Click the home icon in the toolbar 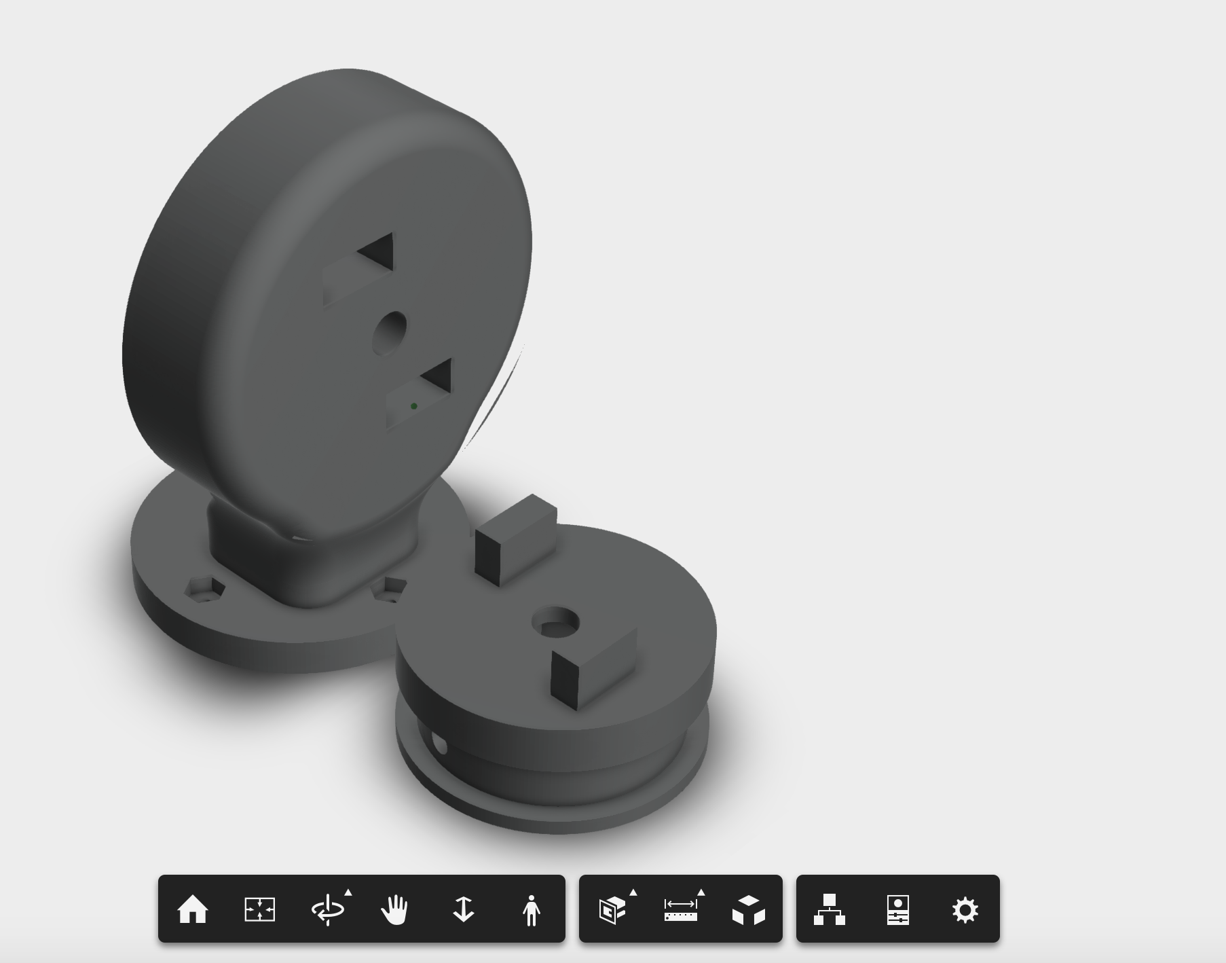[192, 909]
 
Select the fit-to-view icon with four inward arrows [260, 909]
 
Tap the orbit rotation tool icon [328, 909]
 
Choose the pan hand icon [395, 909]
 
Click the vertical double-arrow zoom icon [464, 909]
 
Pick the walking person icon [532, 909]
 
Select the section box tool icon [612, 909]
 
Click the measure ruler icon [680, 909]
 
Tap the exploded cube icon [748, 909]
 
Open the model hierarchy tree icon [830, 909]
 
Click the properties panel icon [897, 909]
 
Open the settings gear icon [965, 909]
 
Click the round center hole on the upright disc [390, 333]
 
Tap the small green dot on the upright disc [414, 406]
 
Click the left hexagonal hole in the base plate [204, 589]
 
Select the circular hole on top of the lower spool [555, 623]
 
